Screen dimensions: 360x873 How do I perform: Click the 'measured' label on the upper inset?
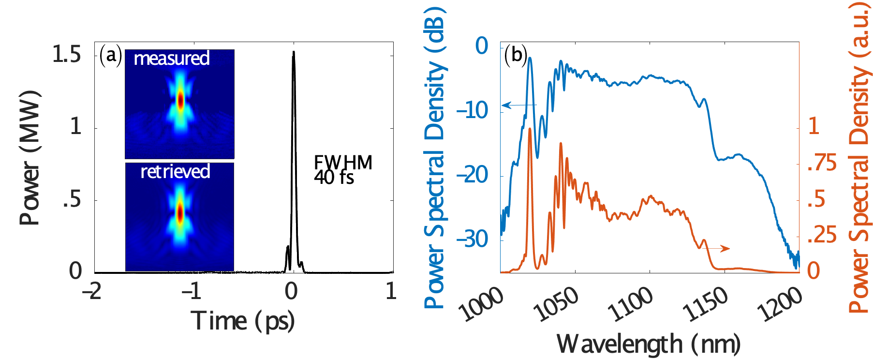tap(172, 59)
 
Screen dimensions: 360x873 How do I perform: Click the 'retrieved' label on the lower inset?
tap(175, 172)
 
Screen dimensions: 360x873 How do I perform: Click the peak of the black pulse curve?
tap(293, 52)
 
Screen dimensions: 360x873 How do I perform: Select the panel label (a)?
tap(111, 56)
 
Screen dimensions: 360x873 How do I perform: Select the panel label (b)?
tap(516, 55)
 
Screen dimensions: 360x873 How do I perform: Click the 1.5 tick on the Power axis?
tap(67, 55)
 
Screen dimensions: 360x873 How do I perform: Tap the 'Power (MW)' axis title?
tap(30, 158)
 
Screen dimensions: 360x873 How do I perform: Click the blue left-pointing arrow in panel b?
tap(518, 105)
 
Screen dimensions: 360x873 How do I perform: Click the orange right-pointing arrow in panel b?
tap(717, 248)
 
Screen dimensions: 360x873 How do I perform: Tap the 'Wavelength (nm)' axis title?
tap(649, 345)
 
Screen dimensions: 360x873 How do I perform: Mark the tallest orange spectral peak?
tap(530, 129)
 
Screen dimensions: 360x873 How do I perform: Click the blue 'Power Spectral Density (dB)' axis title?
tap(434, 158)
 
